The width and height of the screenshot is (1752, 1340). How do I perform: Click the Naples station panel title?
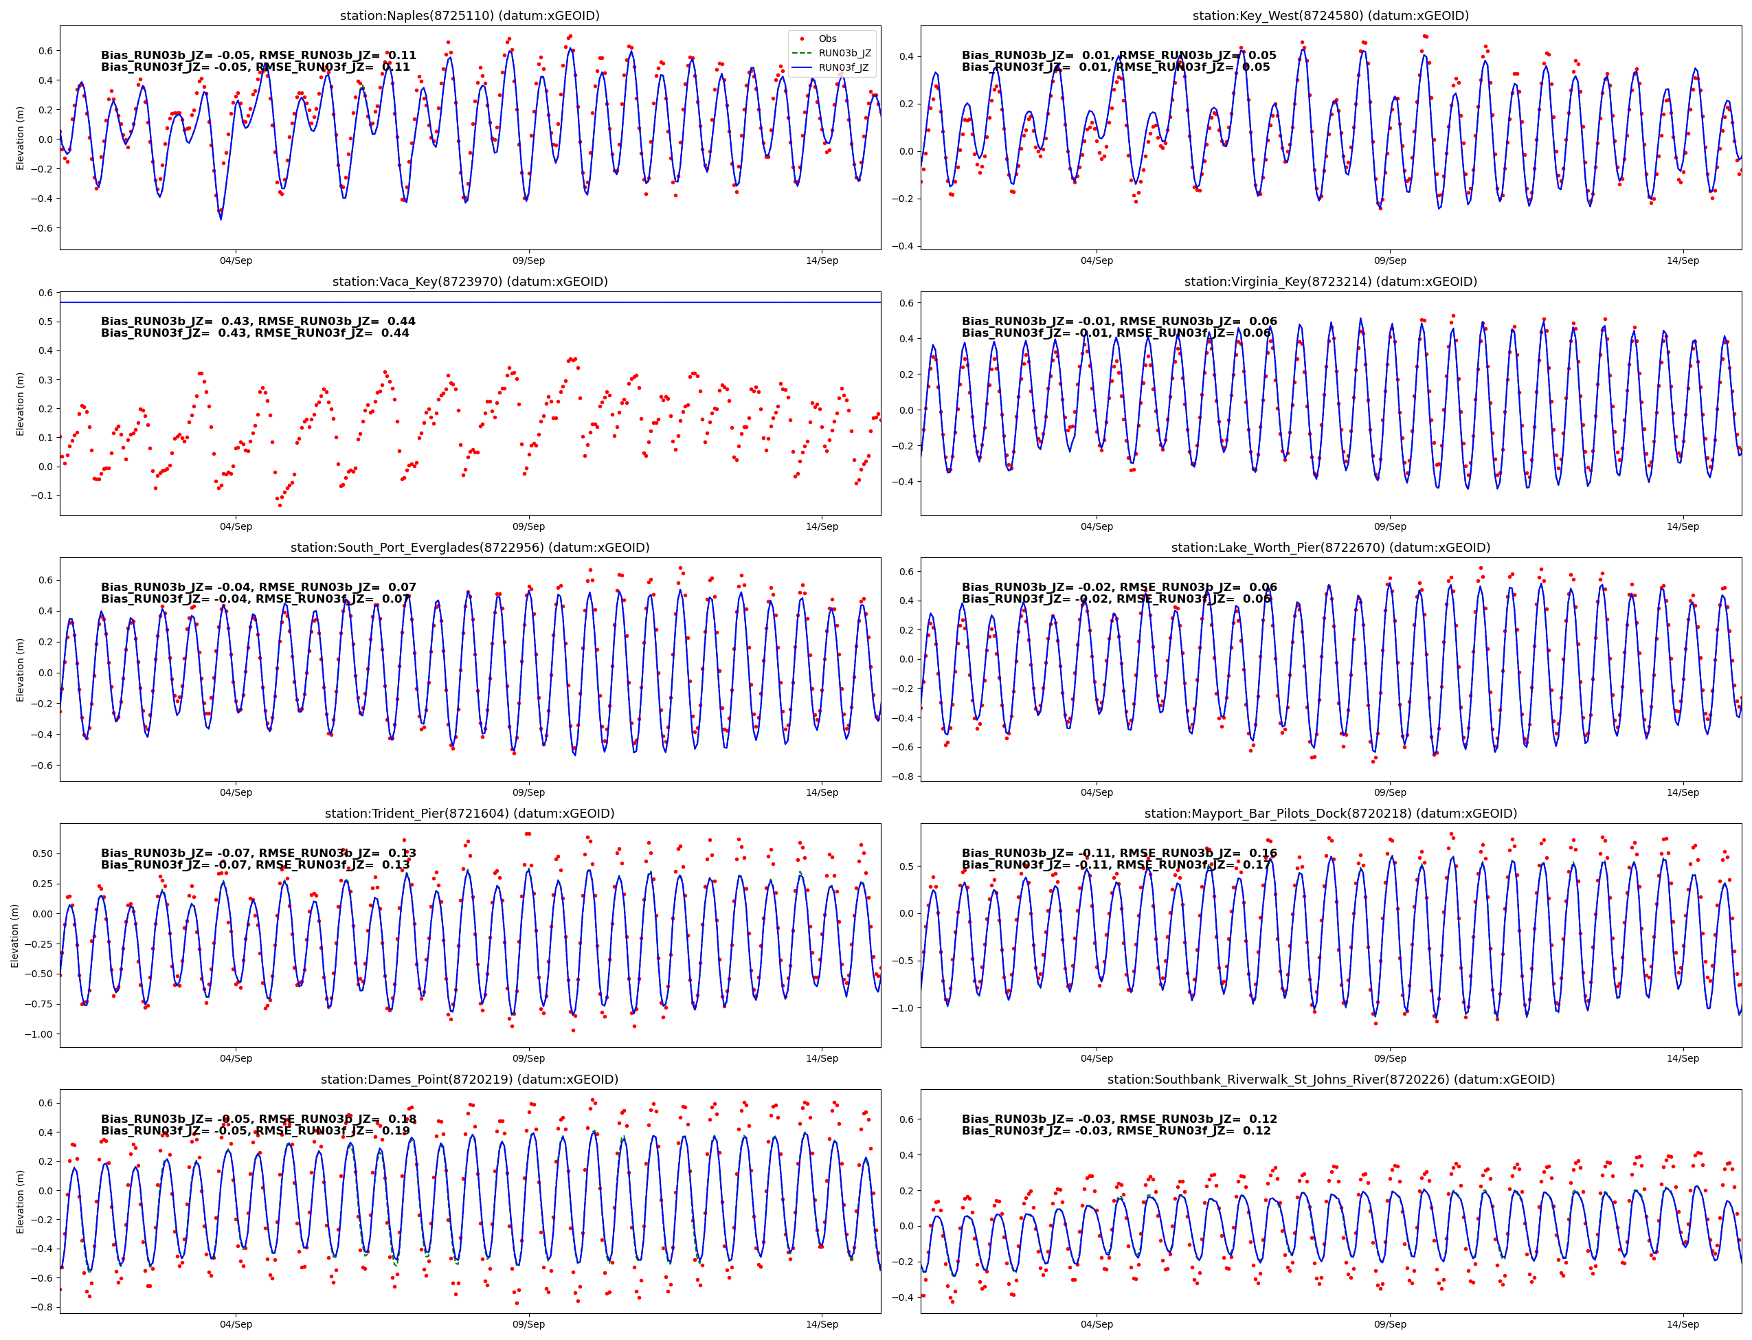coord(470,15)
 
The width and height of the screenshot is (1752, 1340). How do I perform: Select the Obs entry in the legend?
coord(827,38)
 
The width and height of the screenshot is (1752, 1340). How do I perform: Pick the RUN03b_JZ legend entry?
coord(844,53)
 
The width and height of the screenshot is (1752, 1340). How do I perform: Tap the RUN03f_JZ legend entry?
coord(844,67)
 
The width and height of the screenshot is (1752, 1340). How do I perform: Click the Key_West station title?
coord(1330,15)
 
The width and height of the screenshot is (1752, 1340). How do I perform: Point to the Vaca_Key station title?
coord(470,282)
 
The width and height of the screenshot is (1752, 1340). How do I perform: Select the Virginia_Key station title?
coord(1330,282)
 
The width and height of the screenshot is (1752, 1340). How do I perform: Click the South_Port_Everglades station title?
coord(470,547)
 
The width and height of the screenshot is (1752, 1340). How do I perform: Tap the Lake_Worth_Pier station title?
coord(1330,547)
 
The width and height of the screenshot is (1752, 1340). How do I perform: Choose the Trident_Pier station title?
coord(470,814)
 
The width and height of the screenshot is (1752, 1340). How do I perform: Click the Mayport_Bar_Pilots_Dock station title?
coord(1330,814)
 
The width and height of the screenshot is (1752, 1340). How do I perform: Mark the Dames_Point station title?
coord(470,1079)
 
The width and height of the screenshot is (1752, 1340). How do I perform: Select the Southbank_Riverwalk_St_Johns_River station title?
coord(1330,1079)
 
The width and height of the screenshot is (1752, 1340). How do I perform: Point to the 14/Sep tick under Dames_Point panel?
coord(821,1324)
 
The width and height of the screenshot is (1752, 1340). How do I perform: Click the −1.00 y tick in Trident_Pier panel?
coord(36,1034)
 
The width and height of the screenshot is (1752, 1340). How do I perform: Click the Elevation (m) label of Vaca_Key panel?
coord(20,403)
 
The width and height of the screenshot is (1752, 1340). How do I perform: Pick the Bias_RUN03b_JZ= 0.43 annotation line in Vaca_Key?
coord(258,322)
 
